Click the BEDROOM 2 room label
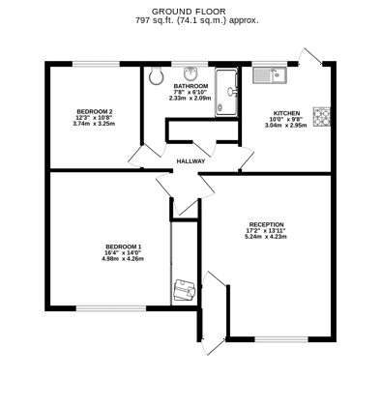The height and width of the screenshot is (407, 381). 95,112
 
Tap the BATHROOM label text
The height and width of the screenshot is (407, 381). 190,85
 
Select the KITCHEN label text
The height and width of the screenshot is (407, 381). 286,112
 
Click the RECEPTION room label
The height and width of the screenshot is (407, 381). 267,225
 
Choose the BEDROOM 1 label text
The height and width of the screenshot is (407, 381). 123,246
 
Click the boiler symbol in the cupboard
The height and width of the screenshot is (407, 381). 183,288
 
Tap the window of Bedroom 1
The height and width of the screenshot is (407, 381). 103,308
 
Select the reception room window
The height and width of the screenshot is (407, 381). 282,338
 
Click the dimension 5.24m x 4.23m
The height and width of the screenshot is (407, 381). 267,239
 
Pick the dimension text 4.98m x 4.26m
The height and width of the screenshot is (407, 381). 123,259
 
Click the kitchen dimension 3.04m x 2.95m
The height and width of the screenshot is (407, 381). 286,126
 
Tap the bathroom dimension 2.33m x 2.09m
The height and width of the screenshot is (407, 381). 190,99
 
